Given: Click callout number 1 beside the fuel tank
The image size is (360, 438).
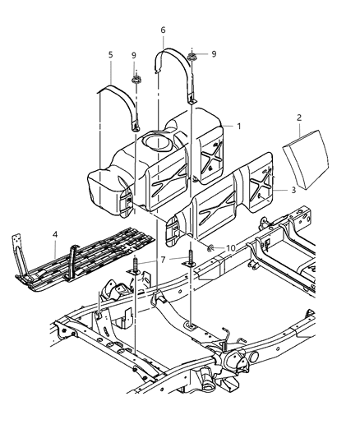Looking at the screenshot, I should [239, 127].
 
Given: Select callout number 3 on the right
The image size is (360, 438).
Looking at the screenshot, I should [294, 190].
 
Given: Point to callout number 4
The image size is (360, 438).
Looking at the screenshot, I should [54, 234].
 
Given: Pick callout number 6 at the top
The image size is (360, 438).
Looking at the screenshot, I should [163, 30].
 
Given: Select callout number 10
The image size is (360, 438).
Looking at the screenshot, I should [231, 247].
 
